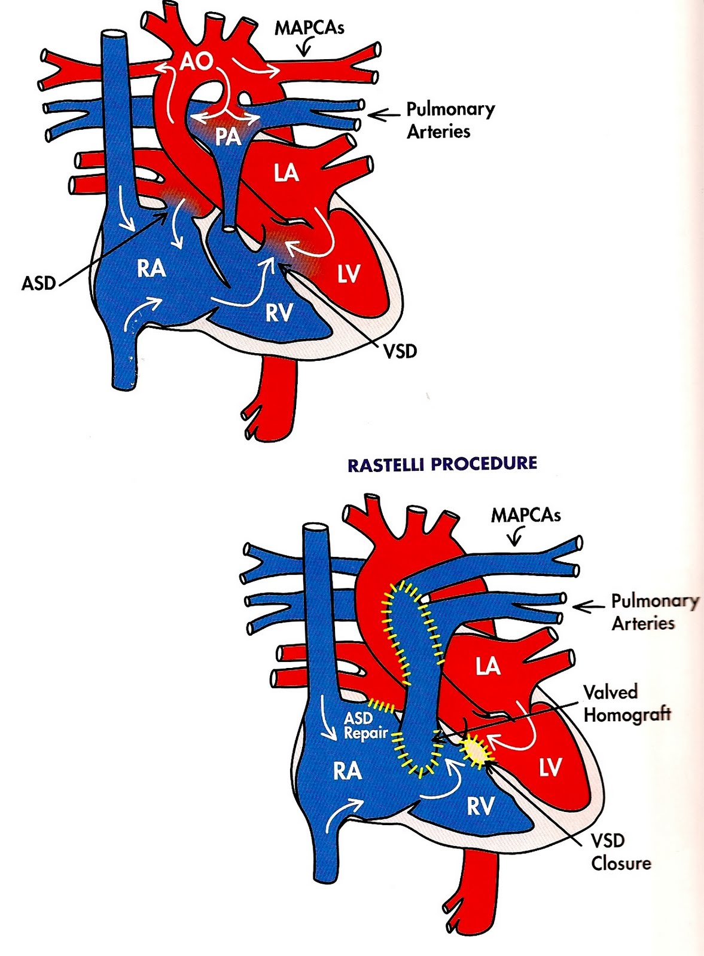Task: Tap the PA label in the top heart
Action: tap(227, 137)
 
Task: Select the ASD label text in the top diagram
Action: tap(38, 283)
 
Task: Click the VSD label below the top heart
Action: tap(400, 351)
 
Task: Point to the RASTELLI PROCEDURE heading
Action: tap(442, 464)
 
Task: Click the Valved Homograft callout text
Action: tap(626, 703)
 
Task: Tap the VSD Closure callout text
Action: tap(620, 851)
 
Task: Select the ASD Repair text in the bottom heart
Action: tap(365, 725)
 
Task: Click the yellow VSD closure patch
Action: tap(476, 751)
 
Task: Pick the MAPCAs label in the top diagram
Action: tap(309, 27)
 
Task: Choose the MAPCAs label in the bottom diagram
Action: tap(526, 515)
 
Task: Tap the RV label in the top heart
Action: tap(279, 312)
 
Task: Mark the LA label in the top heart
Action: tap(286, 173)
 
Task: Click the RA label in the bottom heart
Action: tap(348, 771)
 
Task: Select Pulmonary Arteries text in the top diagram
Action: tap(450, 120)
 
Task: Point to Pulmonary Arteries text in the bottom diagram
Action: tap(654, 612)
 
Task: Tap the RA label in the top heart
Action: tap(151, 268)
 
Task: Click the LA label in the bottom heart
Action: tap(487, 666)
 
